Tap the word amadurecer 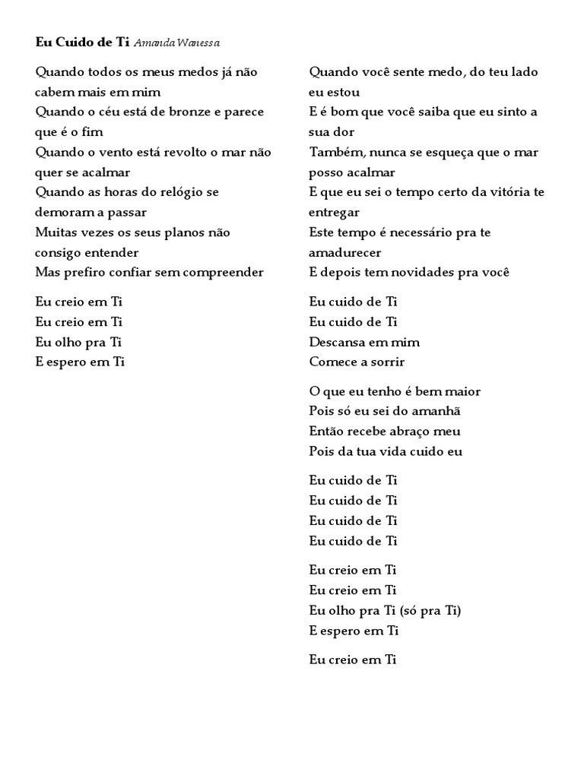pyautogui.click(x=345, y=252)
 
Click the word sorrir pyautogui.click(x=384, y=362)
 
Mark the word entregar pyautogui.click(x=335, y=212)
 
